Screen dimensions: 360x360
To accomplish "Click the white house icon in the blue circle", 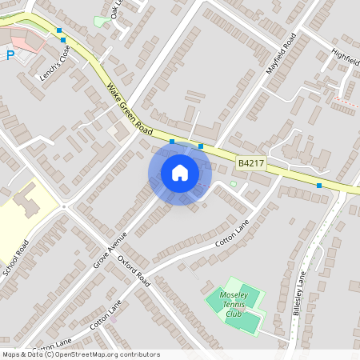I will [180, 173].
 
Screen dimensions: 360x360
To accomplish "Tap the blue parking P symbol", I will [10, 55].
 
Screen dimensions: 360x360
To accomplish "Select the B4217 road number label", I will [250, 163].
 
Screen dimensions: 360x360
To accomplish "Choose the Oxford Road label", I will [134, 270].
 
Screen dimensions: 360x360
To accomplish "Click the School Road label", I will [16, 258].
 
